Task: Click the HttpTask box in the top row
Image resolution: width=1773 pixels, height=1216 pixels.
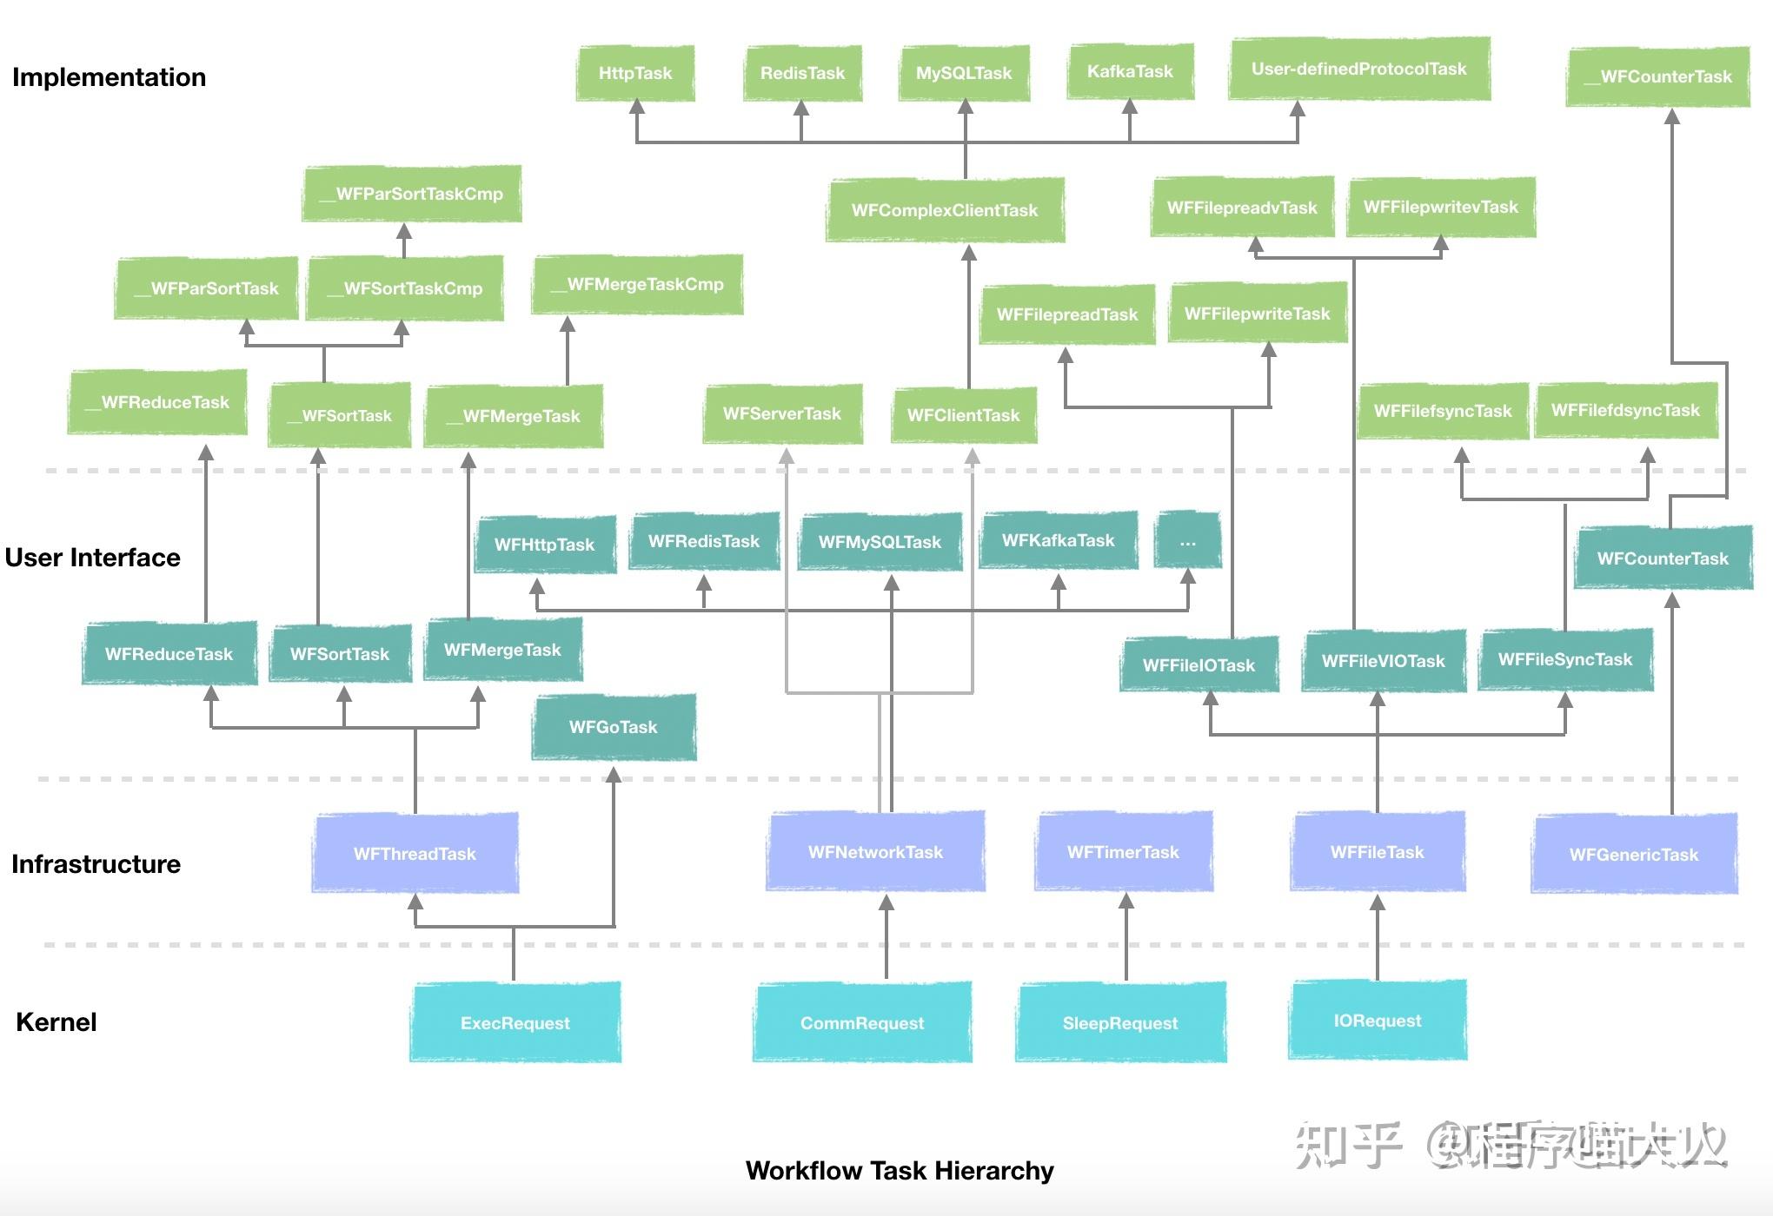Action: point(635,74)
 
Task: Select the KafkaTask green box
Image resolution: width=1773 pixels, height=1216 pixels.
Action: point(1130,72)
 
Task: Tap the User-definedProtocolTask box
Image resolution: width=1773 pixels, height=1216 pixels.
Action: point(1359,69)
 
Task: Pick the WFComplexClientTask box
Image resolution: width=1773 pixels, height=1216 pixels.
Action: point(945,210)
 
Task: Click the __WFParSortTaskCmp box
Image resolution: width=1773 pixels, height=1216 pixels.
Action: point(412,194)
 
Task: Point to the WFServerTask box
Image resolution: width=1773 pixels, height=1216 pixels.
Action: point(782,414)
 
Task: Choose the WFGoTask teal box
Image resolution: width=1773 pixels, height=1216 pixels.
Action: point(614,727)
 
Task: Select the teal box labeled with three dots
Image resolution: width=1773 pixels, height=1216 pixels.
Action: point(1188,541)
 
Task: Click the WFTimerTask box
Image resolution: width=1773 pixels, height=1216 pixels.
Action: point(1123,852)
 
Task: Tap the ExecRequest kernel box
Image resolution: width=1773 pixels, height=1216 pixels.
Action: point(515,1022)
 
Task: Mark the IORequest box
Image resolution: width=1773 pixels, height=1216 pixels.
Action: point(1378,1021)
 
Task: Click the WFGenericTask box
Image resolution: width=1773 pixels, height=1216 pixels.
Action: point(1634,854)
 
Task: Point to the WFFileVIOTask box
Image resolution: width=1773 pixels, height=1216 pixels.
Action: point(1384,661)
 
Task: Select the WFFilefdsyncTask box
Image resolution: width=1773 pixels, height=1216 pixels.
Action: point(1625,411)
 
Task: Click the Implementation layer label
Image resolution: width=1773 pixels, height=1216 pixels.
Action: point(110,77)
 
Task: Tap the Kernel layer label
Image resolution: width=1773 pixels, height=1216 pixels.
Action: point(56,1022)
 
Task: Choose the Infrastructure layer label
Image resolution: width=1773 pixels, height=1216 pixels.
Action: point(96,864)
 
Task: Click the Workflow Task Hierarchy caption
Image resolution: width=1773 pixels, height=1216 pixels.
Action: point(900,1171)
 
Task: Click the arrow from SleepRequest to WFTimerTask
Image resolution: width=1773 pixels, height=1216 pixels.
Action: point(1126,938)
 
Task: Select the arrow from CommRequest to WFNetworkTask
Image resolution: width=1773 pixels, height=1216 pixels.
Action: point(886,938)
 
